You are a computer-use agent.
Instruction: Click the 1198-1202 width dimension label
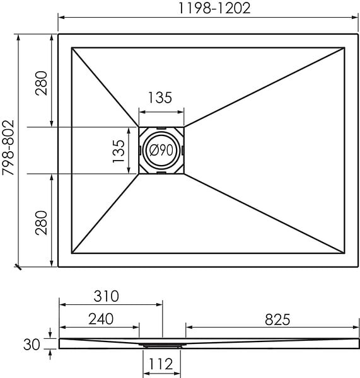(x=214, y=8)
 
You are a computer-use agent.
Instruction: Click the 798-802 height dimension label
(x=8, y=147)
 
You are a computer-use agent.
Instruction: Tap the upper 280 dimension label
(x=41, y=83)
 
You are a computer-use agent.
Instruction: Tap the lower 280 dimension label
(x=41, y=223)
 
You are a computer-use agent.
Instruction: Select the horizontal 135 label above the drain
(x=160, y=98)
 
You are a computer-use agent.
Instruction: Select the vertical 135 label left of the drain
(x=119, y=151)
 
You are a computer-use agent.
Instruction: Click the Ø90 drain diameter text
(x=161, y=150)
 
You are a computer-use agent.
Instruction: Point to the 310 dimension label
(x=106, y=296)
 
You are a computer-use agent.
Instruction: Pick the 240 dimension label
(x=101, y=319)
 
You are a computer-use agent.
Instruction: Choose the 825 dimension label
(x=277, y=319)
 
